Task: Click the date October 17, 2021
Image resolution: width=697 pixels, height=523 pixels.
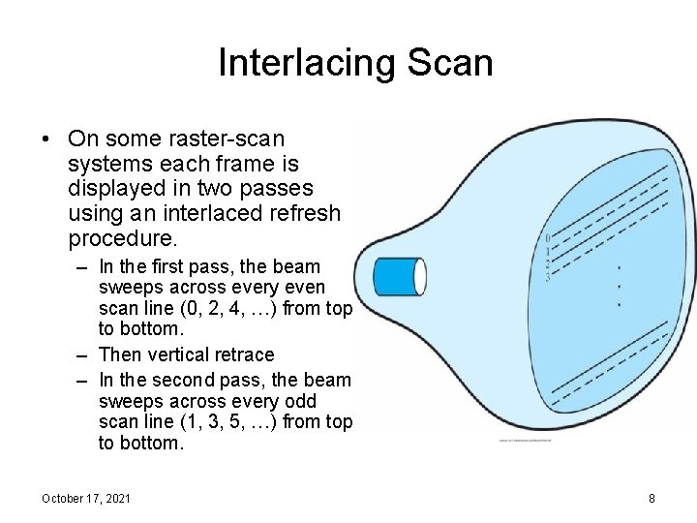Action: pyautogui.click(x=86, y=498)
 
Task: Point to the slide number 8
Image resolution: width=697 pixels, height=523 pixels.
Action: pyautogui.click(x=652, y=498)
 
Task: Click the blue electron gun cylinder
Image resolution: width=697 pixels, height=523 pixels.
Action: pyautogui.click(x=395, y=276)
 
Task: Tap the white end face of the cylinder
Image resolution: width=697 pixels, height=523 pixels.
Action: pyautogui.click(x=420, y=276)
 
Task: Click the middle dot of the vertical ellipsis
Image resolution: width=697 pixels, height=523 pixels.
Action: pyautogui.click(x=620, y=286)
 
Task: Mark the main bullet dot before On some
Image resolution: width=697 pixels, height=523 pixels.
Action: pyautogui.click(x=45, y=140)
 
